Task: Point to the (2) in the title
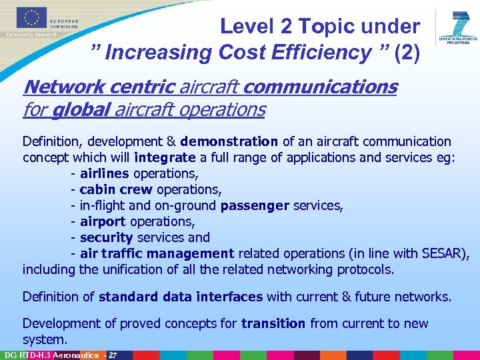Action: click(407, 52)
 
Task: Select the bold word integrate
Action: click(164, 157)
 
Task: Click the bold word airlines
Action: click(105, 173)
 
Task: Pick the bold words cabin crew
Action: click(115, 189)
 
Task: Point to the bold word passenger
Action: click(255, 205)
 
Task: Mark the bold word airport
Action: click(103, 221)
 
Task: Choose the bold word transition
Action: click(273, 323)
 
